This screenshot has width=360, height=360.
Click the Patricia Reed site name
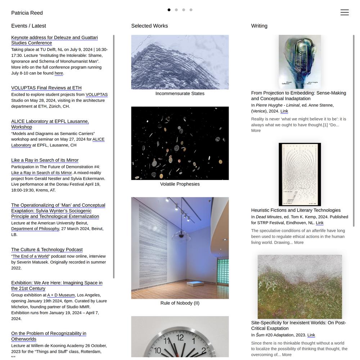click(x=27, y=13)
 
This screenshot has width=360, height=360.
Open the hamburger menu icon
click(x=345, y=13)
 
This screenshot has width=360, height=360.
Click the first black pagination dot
click(x=169, y=10)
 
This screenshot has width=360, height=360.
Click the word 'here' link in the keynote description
click(x=59, y=73)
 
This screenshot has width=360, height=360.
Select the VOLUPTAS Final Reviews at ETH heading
click(x=46, y=88)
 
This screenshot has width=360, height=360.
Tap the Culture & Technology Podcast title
click(x=47, y=249)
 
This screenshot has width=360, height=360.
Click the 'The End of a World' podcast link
click(x=31, y=256)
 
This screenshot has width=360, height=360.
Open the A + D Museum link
click(x=61, y=295)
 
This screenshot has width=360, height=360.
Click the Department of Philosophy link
click(x=35, y=229)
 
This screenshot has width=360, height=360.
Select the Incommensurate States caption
click(x=180, y=94)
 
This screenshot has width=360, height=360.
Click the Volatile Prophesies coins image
click(x=180, y=143)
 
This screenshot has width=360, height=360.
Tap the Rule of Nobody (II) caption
click(x=180, y=303)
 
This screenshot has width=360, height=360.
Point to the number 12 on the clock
click(x=180, y=338)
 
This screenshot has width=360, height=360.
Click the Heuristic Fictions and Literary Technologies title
click(x=296, y=210)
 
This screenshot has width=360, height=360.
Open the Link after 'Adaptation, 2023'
click(x=311, y=335)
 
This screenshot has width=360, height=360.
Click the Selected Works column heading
click(x=149, y=26)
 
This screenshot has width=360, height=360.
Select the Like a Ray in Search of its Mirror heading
click(x=45, y=160)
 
